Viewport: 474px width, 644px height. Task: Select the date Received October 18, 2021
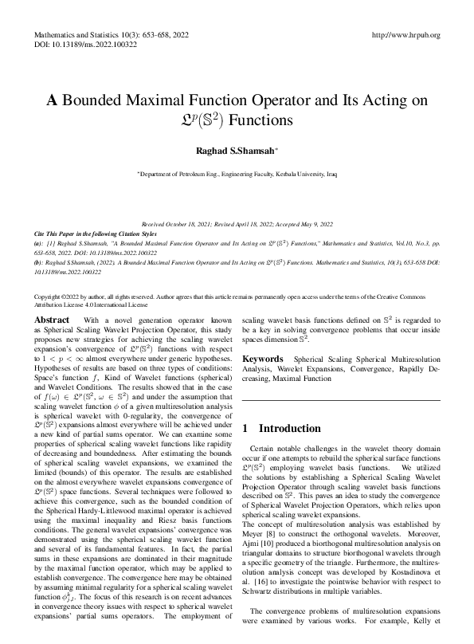pyautogui.click(x=178, y=226)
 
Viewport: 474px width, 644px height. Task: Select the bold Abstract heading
pyautogui.click(x=52, y=319)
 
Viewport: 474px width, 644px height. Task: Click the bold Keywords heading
pyautogui.click(x=264, y=359)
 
